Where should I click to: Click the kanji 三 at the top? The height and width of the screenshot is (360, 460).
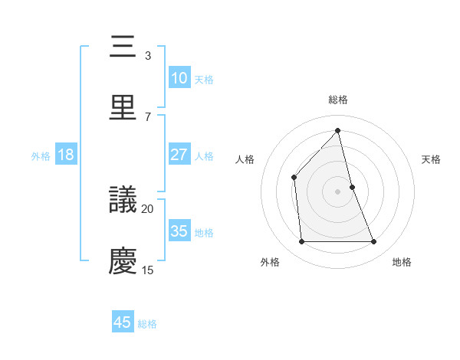tap(123, 47)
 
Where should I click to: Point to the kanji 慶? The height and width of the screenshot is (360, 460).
tap(123, 261)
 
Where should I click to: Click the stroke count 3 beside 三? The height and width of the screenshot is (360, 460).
tap(147, 56)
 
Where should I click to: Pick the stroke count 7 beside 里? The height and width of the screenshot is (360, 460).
tap(147, 116)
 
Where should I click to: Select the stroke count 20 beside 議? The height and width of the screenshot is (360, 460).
tap(148, 208)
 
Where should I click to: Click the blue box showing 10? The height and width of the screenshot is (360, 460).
tap(179, 78)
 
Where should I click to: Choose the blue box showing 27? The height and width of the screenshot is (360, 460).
tap(179, 155)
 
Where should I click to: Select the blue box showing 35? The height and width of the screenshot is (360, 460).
tap(179, 231)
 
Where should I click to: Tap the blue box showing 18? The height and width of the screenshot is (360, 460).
tap(66, 155)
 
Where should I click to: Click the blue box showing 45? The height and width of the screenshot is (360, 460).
tap(123, 322)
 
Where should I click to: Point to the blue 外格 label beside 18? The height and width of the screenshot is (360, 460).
tap(41, 156)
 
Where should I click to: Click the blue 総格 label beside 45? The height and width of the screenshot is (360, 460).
tap(147, 324)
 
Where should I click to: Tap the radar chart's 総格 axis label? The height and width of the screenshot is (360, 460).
tap(338, 100)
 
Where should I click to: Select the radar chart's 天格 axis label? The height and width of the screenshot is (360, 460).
tap(432, 159)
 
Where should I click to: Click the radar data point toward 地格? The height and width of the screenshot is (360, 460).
tap(374, 242)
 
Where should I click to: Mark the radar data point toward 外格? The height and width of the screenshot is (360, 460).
tap(301, 242)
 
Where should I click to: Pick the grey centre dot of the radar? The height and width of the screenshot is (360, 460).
tap(338, 191)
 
